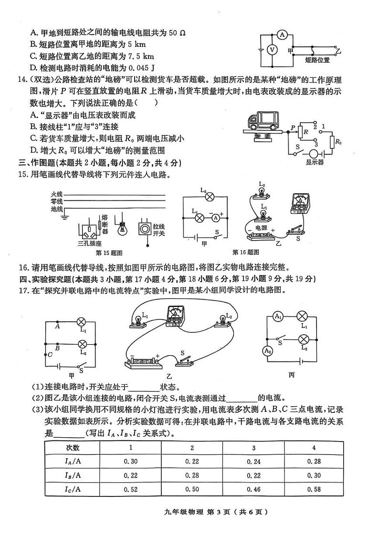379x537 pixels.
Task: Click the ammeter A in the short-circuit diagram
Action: tap(282, 34)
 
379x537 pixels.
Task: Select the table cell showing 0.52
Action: tap(130, 489)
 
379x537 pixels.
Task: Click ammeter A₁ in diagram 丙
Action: tap(278, 316)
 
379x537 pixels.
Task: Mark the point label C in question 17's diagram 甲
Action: tap(50, 354)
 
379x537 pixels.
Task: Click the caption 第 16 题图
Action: tap(245, 252)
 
